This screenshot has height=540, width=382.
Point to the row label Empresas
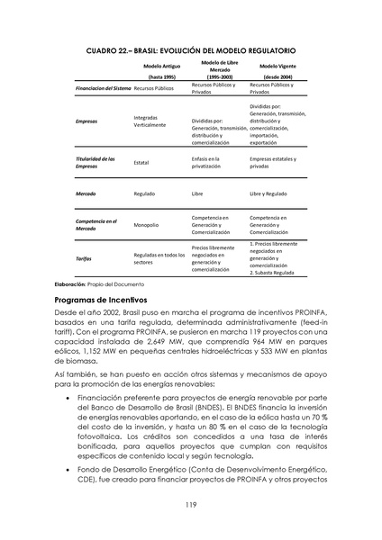click(x=87, y=120)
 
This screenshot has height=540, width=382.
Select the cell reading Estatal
click(x=141, y=163)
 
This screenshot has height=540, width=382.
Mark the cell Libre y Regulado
click(x=268, y=193)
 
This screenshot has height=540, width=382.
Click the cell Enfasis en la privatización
click(x=212, y=162)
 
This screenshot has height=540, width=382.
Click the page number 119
click(x=190, y=505)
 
